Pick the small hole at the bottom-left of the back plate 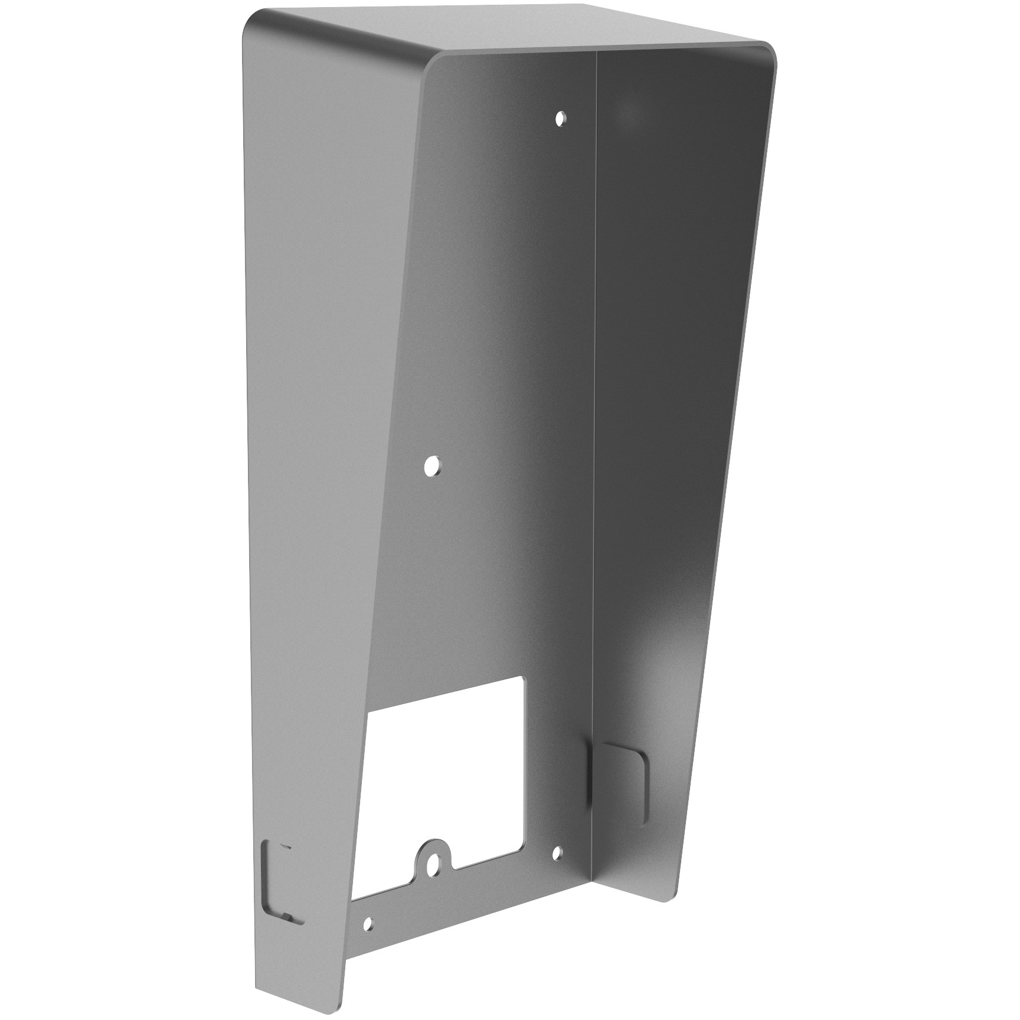(x=368, y=923)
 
